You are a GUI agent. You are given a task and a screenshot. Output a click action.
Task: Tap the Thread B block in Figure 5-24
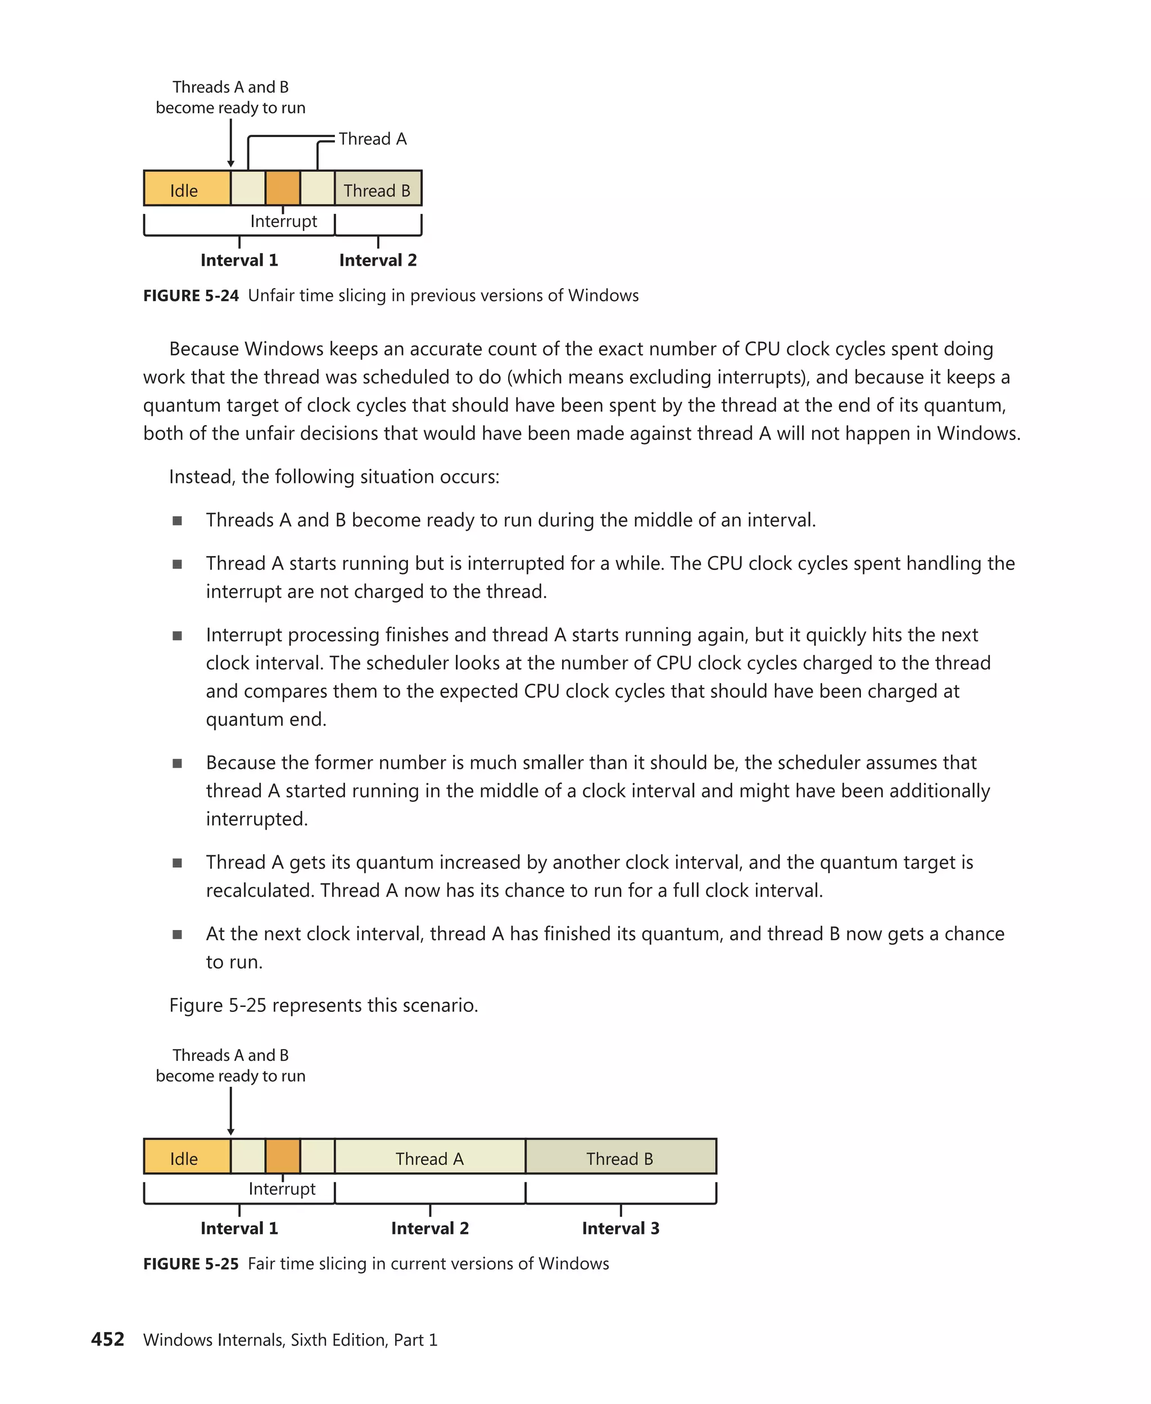[x=377, y=189]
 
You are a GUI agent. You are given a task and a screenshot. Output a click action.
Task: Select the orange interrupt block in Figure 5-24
[x=283, y=188]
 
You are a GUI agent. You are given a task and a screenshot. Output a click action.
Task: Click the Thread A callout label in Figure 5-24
[x=373, y=139]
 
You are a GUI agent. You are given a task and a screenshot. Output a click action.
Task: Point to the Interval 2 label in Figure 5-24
[x=378, y=261]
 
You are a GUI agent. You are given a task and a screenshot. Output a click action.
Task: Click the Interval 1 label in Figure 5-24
[x=239, y=261]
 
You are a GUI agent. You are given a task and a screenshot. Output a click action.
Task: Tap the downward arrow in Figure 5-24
[x=231, y=143]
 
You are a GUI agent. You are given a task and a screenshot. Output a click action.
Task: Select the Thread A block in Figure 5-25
[x=429, y=1158]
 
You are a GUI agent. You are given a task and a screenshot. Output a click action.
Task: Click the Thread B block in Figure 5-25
[x=620, y=1158]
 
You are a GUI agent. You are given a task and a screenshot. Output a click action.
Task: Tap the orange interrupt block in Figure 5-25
[x=283, y=1157]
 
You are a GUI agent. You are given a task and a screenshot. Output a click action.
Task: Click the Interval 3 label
[x=620, y=1228]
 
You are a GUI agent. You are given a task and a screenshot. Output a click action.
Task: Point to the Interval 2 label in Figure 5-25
[x=429, y=1228]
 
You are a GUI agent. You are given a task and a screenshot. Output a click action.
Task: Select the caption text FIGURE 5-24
[x=191, y=296]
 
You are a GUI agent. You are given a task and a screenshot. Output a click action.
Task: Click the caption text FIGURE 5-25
[x=191, y=1264]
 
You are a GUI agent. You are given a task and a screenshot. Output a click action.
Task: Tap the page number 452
[x=107, y=1340]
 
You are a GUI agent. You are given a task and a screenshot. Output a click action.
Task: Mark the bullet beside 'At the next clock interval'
[x=177, y=935]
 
